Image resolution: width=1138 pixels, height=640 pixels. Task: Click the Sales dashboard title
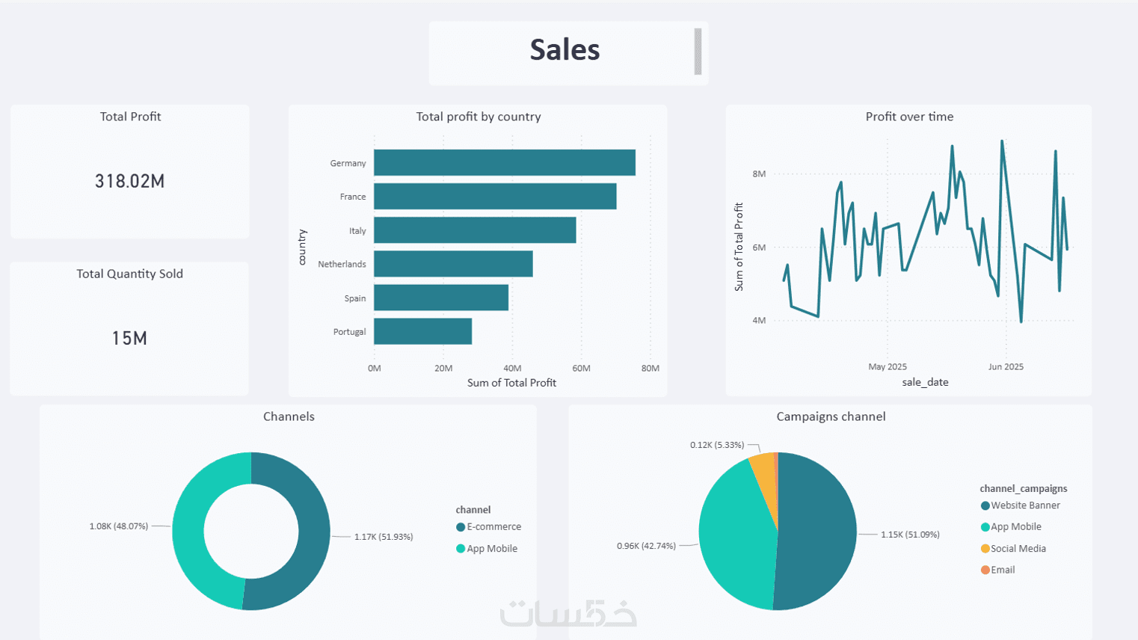(x=565, y=50)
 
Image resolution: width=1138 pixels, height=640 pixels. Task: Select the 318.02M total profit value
(x=129, y=181)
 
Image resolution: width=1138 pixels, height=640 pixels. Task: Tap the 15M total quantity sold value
(x=129, y=338)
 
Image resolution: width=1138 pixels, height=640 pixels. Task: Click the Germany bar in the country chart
(x=504, y=163)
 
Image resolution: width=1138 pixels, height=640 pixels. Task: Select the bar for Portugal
(x=422, y=331)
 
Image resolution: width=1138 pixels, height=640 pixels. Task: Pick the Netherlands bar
(x=453, y=264)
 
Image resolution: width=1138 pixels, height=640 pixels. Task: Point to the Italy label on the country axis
(x=357, y=231)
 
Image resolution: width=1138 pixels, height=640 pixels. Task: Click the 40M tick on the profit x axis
(x=512, y=368)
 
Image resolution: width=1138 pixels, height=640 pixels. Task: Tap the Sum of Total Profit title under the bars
(x=511, y=383)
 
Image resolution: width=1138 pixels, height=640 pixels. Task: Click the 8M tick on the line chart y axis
(x=759, y=174)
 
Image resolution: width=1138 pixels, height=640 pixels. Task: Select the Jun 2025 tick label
(x=1006, y=367)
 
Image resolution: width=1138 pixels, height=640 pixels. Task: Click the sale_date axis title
(x=925, y=382)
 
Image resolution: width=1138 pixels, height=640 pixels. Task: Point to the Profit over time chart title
(x=909, y=117)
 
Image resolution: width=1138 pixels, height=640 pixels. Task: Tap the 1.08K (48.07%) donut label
(x=119, y=526)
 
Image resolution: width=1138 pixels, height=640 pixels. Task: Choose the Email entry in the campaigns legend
(x=1002, y=570)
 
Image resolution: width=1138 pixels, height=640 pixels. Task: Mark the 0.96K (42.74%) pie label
(x=646, y=546)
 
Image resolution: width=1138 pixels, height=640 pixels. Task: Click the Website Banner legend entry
(x=1024, y=505)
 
